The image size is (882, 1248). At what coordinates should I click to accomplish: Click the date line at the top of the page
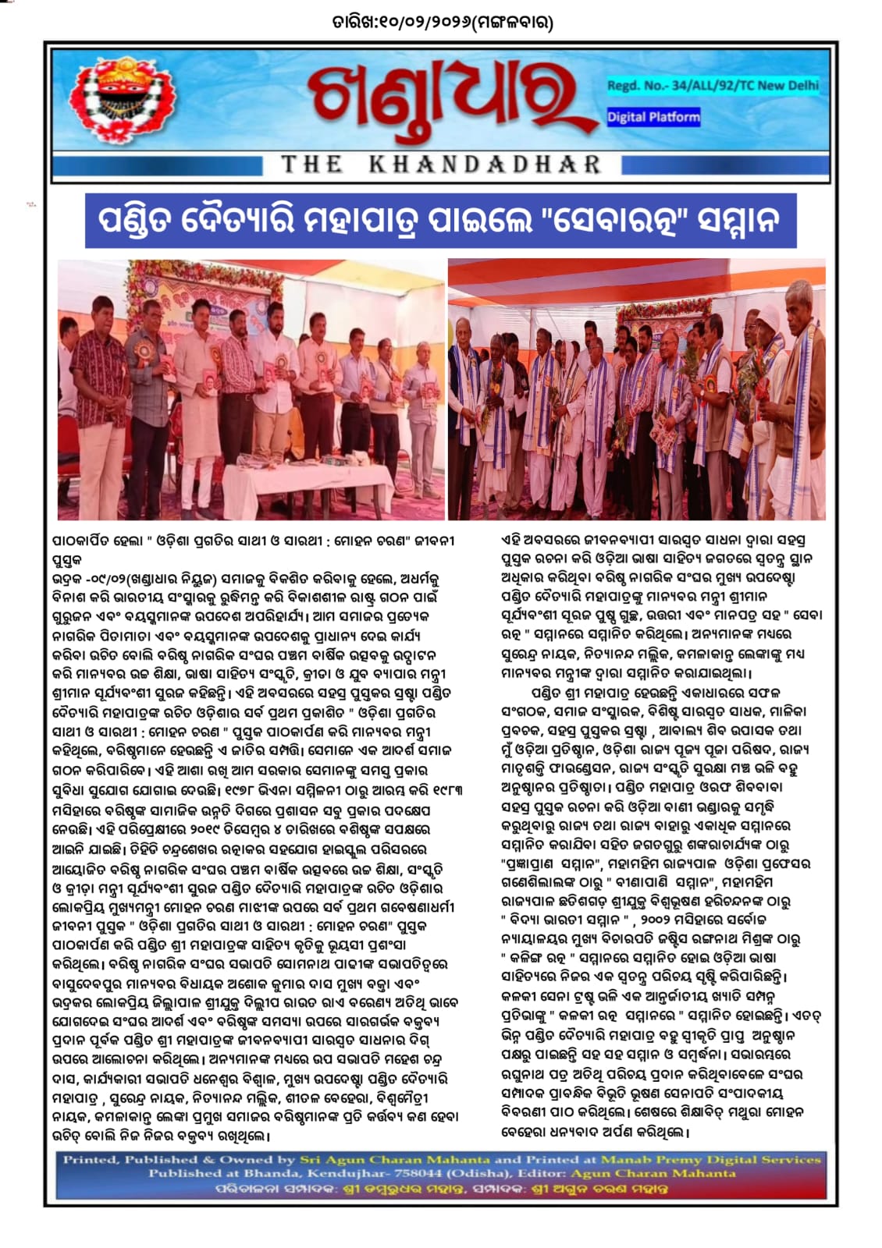tap(442, 23)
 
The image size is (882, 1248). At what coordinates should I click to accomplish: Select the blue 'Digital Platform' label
tap(653, 117)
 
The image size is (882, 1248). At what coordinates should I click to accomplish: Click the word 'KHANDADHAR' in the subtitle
tap(484, 165)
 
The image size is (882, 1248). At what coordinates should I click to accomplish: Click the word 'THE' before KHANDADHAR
tap(311, 165)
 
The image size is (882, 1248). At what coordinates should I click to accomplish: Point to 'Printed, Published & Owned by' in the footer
tap(179, 1160)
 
